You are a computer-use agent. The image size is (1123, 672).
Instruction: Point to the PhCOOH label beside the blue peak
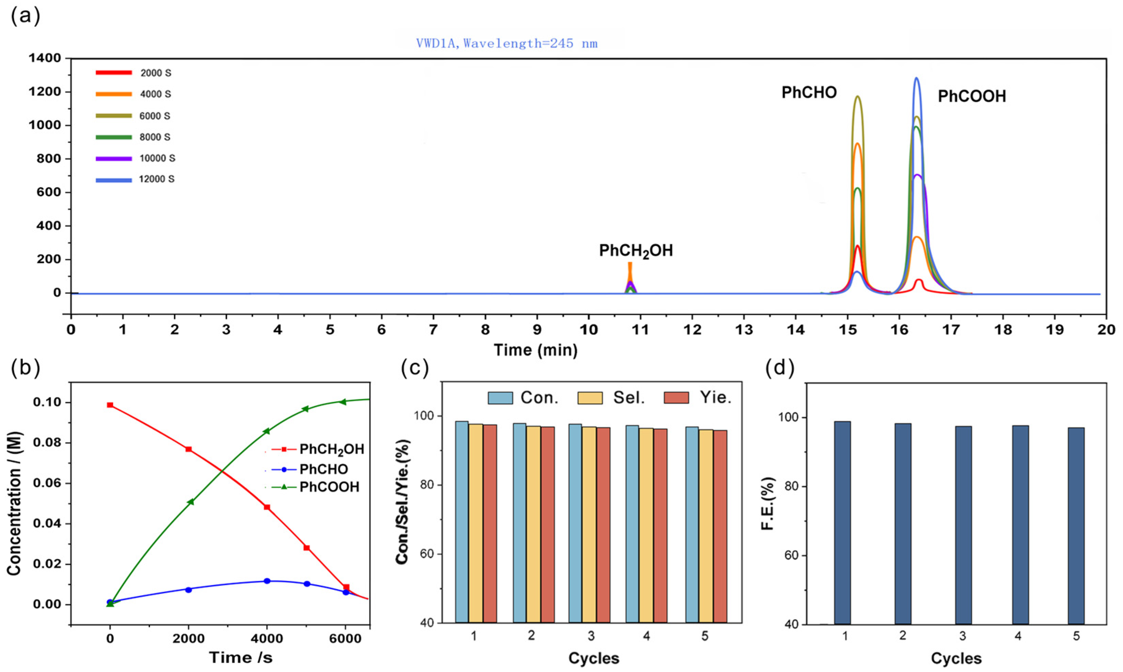(972, 96)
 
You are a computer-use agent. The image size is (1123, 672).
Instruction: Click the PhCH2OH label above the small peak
(636, 251)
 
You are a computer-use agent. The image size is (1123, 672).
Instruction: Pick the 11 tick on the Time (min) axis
(640, 330)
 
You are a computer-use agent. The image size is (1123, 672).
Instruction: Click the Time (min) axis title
(536, 350)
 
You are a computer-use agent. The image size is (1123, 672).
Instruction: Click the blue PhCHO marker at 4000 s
(267, 581)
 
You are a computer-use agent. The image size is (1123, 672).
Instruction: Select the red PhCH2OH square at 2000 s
(188, 449)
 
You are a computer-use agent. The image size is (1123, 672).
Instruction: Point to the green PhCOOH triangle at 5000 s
(306, 409)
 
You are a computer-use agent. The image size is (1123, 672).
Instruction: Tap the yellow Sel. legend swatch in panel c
(590, 398)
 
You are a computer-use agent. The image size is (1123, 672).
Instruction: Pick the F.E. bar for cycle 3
(963, 525)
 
